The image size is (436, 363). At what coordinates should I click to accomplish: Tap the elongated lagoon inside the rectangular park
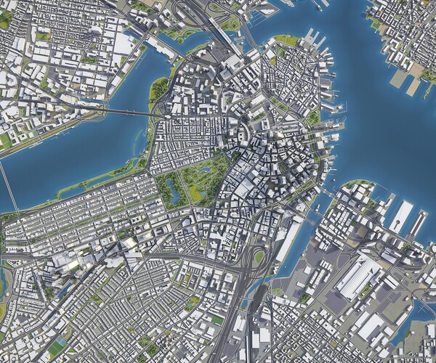173,190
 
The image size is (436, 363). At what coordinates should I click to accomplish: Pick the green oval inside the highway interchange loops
259,257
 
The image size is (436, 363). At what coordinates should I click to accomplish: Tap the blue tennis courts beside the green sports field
218,319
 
